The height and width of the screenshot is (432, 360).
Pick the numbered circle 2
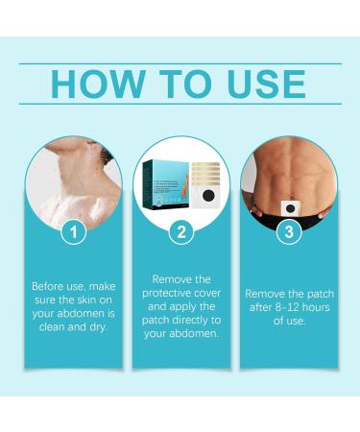click(181, 231)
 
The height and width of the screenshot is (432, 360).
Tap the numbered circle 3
click(287, 231)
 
